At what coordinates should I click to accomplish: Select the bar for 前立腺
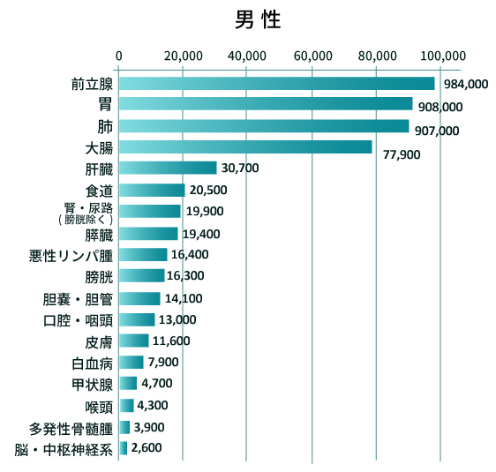(x=276, y=83)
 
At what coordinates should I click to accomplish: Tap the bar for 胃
(x=266, y=104)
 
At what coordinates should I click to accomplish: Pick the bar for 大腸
(x=245, y=146)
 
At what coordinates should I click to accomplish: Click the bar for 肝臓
(x=168, y=168)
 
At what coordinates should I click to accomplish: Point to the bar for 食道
(x=152, y=190)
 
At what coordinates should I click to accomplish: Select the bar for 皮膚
(x=133, y=341)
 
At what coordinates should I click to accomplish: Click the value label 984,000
(x=465, y=86)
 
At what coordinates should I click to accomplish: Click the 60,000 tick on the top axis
(x=312, y=56)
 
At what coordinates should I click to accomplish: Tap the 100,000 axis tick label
(x=441, y=56)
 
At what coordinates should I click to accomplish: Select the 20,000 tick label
(x=183, y=56)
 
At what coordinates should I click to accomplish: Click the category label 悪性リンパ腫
(x=71, y=255)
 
